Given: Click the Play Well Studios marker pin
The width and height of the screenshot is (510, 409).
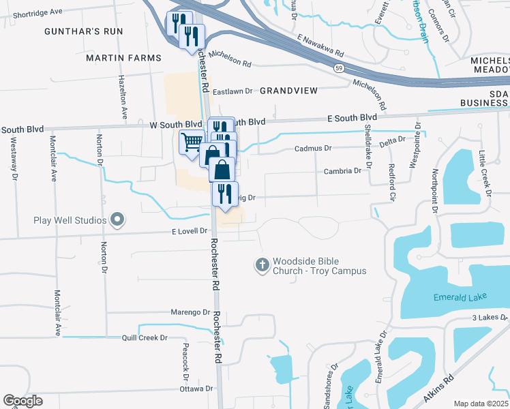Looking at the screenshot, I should click(117, 220).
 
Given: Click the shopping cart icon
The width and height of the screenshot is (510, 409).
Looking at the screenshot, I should click(192, 142).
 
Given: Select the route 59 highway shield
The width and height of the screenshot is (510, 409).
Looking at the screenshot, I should click(338, 67).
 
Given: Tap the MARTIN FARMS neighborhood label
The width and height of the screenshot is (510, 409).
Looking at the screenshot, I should click(123, 58).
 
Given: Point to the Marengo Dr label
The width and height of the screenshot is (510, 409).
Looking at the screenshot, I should click(190, 312).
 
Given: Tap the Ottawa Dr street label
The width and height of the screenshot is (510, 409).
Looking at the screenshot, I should click(196, 389).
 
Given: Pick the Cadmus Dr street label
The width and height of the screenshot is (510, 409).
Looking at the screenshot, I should click(312, 148).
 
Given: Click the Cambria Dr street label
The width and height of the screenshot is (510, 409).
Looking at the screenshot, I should click(342, 171).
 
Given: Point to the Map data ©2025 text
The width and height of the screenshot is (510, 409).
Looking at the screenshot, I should click(481, 404).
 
